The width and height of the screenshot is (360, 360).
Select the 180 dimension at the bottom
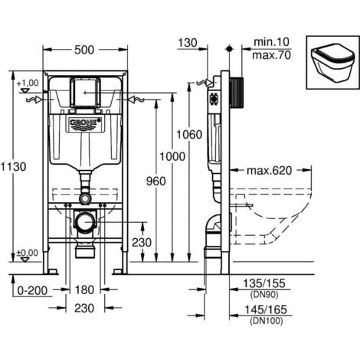tap(85, 290)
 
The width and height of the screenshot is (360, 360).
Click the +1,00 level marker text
tap(27, 82)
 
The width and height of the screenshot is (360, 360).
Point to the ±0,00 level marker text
tap(27, 253)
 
